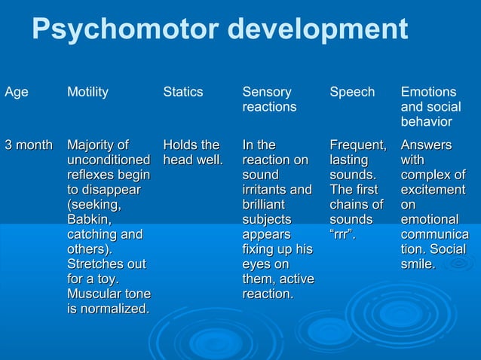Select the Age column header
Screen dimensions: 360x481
[17, 92]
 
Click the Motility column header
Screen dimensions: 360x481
[87, 92]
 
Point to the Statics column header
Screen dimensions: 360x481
[183, 92]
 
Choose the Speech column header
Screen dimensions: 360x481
[352, 92]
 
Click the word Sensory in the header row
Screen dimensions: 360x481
[266, 92]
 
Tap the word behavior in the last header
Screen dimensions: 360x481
[426, 121]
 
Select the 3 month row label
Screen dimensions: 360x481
[29, 145]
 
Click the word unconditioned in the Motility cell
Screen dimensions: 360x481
[109, 160]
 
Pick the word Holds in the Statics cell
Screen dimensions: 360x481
[181, 145]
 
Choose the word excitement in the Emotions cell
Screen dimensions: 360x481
[433, 189]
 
